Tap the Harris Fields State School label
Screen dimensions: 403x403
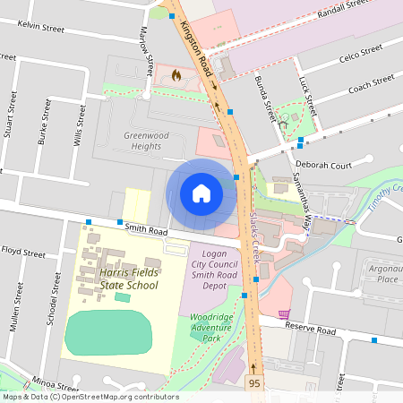(118, 279)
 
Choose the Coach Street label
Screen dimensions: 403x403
(371, 85)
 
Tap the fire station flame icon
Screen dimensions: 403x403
(176, 75)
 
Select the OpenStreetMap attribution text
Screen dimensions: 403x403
(90, 397)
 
